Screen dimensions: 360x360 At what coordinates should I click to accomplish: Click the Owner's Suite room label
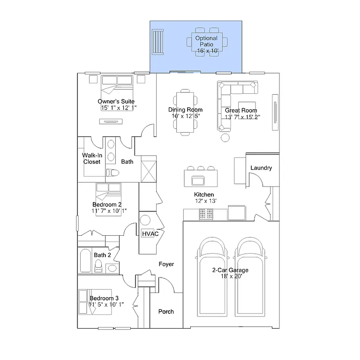pyautogui.click(x=116, y=101)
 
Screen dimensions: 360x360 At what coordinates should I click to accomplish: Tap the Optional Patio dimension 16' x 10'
pyautogui.click(x=206, y=50)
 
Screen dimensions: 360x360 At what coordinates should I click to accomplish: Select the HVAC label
pyautogui.click(x=150, y=233)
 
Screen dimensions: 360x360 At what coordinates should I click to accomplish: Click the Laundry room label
pyautogui.click(x=261, y=168)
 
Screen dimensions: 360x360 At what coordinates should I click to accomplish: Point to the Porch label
pyautogui.click(x=166, y=311)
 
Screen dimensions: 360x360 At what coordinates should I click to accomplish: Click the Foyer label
pyautogui.click(x=166, y=264)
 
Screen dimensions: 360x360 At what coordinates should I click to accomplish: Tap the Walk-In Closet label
pyautogui.click(x=91, y=158)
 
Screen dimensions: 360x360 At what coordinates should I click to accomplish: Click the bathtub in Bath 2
pyautogui.click(x=85, y=261)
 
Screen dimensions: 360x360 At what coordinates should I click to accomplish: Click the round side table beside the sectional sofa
pyautogui.click(x=225, y=138)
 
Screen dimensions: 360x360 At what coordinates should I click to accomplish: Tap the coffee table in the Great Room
pyautogui.click(x=247, y=106)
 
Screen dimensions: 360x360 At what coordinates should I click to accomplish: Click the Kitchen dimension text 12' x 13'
pyautogui.click(x=204, y=201)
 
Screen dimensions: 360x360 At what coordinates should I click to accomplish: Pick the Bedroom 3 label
pyautogui.click(x=104, y=298)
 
